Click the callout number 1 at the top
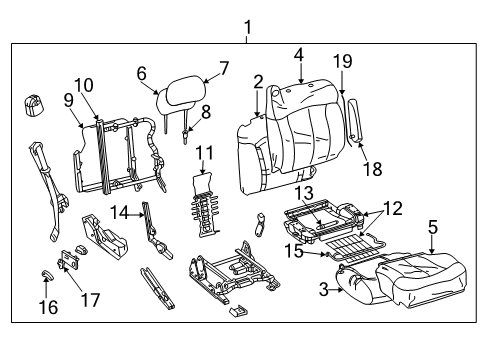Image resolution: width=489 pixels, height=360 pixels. point(247,27)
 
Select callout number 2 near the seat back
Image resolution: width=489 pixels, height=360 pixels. point(258,82)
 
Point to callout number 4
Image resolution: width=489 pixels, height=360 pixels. point(298,54)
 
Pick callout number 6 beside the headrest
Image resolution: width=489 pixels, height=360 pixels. point(141,72)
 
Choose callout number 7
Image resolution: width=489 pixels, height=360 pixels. point(224,69)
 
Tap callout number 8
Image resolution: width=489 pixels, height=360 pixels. point(206,112)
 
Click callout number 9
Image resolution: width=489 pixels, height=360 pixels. point(69,99)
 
